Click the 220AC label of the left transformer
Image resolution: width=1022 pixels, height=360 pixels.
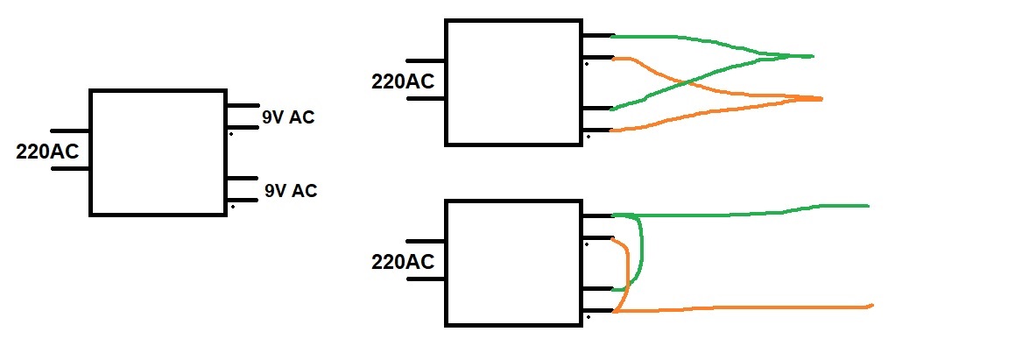tap(47, 151)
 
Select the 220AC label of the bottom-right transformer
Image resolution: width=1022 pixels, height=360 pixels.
tap(403, 261)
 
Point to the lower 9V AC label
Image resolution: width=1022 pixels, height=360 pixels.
tap(291, 190)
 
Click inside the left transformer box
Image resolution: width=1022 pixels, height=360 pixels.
tap(158, 152)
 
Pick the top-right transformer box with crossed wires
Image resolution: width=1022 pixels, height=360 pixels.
tap(514, 82)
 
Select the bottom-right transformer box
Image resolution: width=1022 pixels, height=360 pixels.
tap(514, 263)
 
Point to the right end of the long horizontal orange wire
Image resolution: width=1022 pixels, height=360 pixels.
tap(871, 306)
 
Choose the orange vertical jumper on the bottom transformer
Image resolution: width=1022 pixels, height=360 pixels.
tap(624, 273)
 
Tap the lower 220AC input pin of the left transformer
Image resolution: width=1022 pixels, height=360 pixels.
tap(70, 168)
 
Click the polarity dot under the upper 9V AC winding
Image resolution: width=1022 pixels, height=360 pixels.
tap(231, 134)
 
